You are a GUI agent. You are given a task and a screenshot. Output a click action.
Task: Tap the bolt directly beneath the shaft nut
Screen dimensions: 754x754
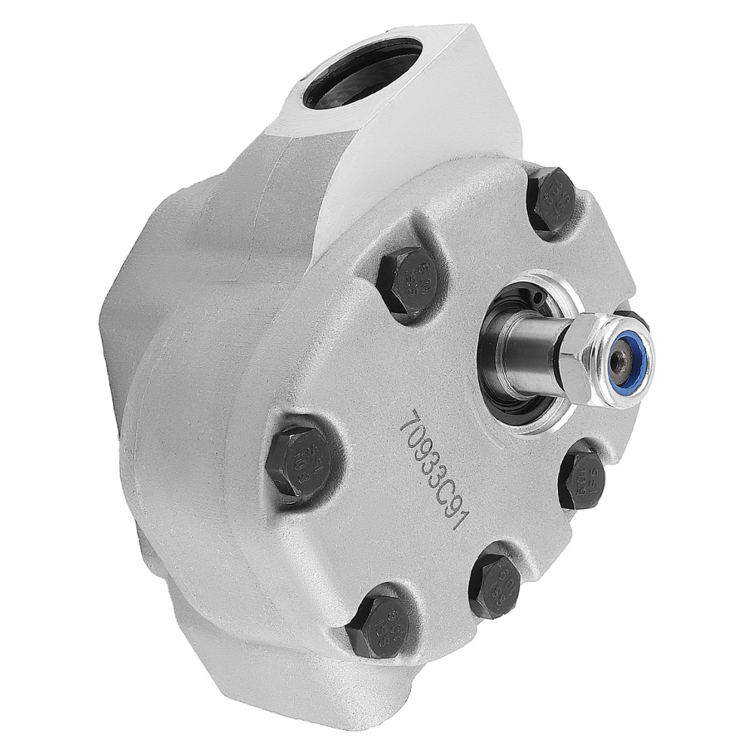(x=584, y=479)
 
